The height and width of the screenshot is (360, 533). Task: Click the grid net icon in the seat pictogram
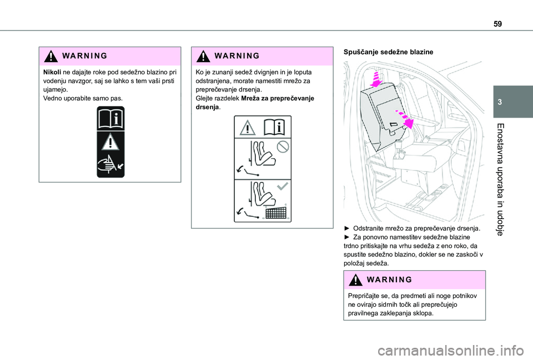[276, 212]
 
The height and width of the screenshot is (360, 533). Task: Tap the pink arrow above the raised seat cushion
[376, 79]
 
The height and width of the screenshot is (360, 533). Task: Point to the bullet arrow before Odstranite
[348, 229]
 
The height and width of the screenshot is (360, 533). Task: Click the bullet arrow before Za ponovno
[348, 237]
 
